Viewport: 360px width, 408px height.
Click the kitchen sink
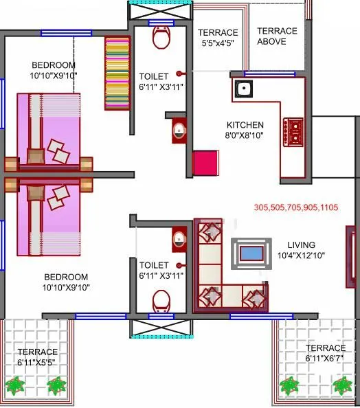(243, 88)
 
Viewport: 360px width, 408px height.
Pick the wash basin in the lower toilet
(179, 238)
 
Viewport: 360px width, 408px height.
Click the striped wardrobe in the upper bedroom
(116, 72)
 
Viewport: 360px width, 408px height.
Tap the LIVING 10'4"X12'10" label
(302, 250)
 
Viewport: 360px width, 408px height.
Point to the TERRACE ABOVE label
(278, 36)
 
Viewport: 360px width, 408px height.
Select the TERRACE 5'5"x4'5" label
(218, 38)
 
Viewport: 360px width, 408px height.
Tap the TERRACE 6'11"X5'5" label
(38, 356)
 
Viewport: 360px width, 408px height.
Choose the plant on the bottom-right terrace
(339, 384)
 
